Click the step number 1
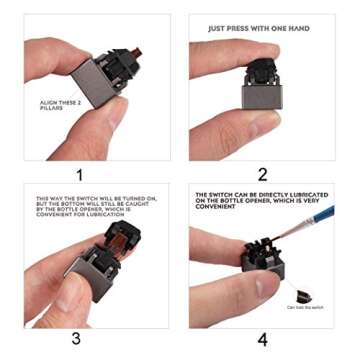[78, 173]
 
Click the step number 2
[263, 173]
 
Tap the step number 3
[76, 338]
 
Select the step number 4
[263, 339]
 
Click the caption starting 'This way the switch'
[95, 205]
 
